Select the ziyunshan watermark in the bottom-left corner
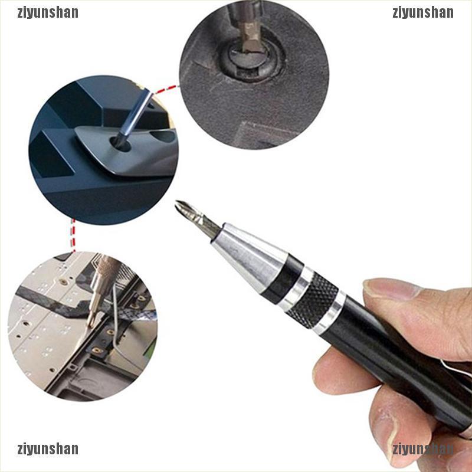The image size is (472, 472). click(x=48, y=449)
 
